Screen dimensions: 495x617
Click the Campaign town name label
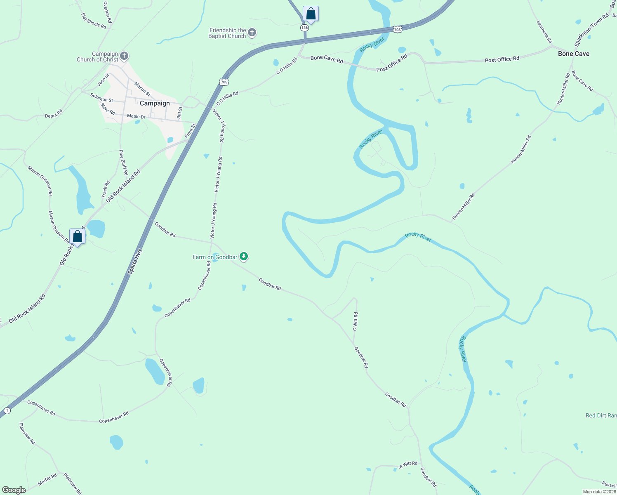coord(155,103)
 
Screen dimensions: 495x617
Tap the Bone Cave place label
coord(573,54)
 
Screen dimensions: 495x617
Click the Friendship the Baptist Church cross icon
coord(252,33)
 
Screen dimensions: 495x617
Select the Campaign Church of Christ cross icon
coord(124,56)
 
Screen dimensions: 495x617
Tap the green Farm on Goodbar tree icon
coord(244,257)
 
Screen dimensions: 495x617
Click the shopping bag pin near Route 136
coord(311,14)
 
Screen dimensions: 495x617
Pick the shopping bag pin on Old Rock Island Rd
coord(77,237)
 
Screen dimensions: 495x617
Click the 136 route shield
coord(304,28)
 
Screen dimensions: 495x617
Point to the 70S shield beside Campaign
coord(224,82)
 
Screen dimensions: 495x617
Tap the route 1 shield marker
coord(7,410)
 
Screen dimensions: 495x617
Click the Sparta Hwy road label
coord(135,261)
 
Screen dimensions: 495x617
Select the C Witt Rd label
coord(356,321)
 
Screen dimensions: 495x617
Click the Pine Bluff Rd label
coord(123,163)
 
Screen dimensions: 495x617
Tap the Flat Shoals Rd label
coord(94,21)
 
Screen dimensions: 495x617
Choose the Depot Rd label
coord(54,113)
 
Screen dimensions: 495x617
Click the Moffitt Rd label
coord(47,480)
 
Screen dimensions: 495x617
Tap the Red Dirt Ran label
coord(601,415)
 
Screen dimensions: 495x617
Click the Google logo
coord(14,490)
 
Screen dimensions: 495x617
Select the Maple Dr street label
coord(136,116)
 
